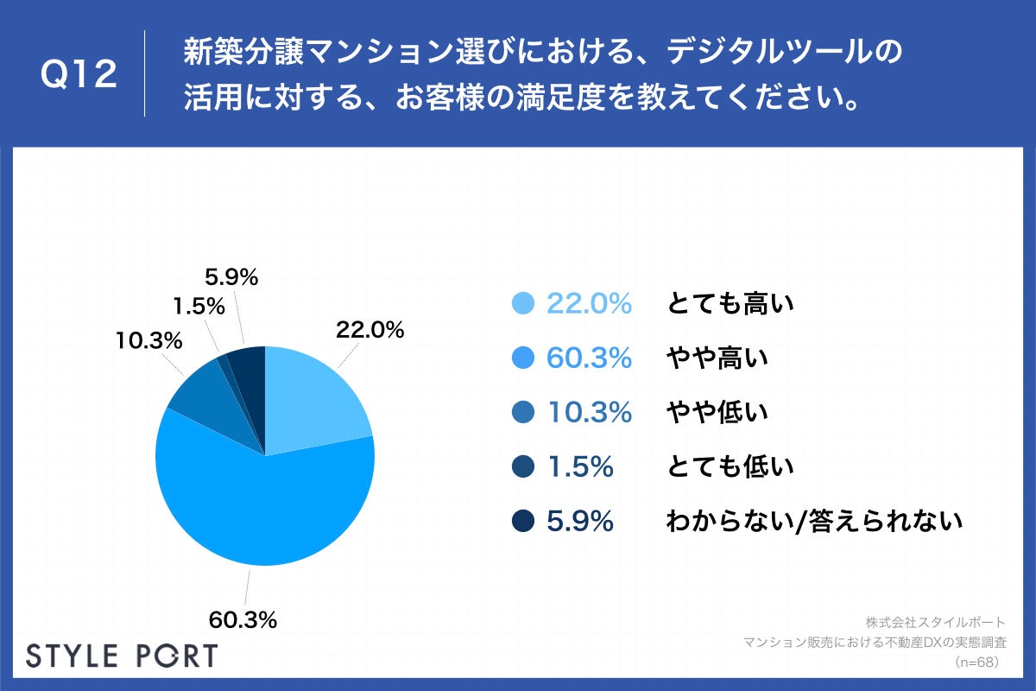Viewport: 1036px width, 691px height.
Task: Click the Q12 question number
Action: [x=79, y=75]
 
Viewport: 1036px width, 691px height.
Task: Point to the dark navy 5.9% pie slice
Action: [x=248, y=367]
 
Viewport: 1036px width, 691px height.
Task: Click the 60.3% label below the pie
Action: [x=243, y=619]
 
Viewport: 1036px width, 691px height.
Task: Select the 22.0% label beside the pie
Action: [x=370, y=329]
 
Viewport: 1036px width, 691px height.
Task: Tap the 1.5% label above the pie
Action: [x=199, y=306]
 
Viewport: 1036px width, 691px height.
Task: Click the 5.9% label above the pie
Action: [x=231, y=277]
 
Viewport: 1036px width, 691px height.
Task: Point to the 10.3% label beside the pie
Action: [x=148, y=340]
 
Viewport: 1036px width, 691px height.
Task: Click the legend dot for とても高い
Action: [x=522, y=304]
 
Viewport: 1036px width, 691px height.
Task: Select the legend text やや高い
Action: [x=717, y=358]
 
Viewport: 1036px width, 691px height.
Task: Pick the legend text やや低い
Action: [x=717, y=413]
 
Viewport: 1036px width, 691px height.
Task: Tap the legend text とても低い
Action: [x=730, y=467]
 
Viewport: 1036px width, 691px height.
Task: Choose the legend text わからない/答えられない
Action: [x=813, y=522]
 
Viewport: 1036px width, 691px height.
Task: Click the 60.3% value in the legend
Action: [x=590, y=358]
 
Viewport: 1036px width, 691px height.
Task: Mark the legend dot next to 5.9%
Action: [x=522, y=522]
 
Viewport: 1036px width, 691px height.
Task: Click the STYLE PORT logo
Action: [x=122, y=655]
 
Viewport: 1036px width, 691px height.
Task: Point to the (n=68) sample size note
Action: [x=976, y=662]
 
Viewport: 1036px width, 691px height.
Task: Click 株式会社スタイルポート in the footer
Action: [x=934, y=622]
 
